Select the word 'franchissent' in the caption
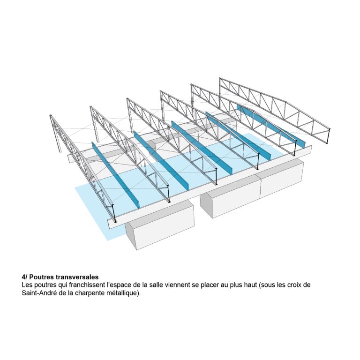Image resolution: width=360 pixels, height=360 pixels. coord(87,285)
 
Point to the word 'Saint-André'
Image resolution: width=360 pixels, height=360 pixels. coord(38,293)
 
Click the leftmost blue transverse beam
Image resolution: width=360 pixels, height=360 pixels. coord(115,175)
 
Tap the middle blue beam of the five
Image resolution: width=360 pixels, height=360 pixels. coord(202,148)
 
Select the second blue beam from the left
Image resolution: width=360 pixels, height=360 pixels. coord(161,160)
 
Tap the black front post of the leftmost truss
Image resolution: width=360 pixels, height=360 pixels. coord(114,214)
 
